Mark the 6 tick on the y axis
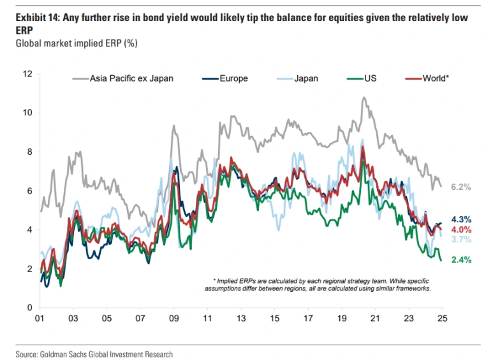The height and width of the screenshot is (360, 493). [x=29, y=191]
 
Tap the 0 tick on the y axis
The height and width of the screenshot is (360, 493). [x=29, y=308]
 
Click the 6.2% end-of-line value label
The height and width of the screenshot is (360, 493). [x=460, y=187]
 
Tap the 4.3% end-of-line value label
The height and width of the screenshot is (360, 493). [x=460, y=219]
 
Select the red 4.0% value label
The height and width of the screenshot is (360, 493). [x=460, y=229]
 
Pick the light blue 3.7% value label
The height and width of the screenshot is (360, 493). [x=460, y=240]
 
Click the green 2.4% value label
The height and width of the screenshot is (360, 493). [x=460, y=260]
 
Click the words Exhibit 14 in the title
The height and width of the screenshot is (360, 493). [x=34, y=18]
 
